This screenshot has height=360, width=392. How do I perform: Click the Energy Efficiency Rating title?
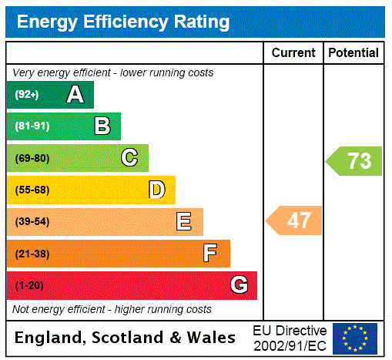point(123,22)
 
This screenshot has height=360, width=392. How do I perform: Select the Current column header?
point(293,52)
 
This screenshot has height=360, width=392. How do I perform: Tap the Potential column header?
point(353,52)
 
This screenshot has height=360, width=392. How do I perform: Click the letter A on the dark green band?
point(75,95)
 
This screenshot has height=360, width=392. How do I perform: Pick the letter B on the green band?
point(102,126)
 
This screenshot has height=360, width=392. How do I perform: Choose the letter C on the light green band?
point(129,158)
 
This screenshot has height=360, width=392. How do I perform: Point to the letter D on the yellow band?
point(156,190)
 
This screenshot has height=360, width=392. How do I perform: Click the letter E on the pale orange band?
point(184,222)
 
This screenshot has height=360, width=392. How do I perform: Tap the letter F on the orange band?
point(210,253)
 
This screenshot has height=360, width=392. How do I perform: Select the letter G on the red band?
point(239,285)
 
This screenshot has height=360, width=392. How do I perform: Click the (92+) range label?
point(26,95)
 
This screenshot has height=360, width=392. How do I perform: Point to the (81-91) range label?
point(32,126)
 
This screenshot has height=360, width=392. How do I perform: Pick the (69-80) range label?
point(32,158)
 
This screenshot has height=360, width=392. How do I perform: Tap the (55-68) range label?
point(32,190)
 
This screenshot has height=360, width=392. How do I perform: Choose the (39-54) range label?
point(32,222)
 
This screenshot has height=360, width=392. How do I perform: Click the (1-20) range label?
point(29,285)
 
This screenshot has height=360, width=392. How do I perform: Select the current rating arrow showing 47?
point(295,221)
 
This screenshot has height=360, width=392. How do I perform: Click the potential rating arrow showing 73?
point(355,161)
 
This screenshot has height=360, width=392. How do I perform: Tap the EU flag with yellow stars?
point(355,338)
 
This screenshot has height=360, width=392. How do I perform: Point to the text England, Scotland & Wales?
point(126,338)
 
